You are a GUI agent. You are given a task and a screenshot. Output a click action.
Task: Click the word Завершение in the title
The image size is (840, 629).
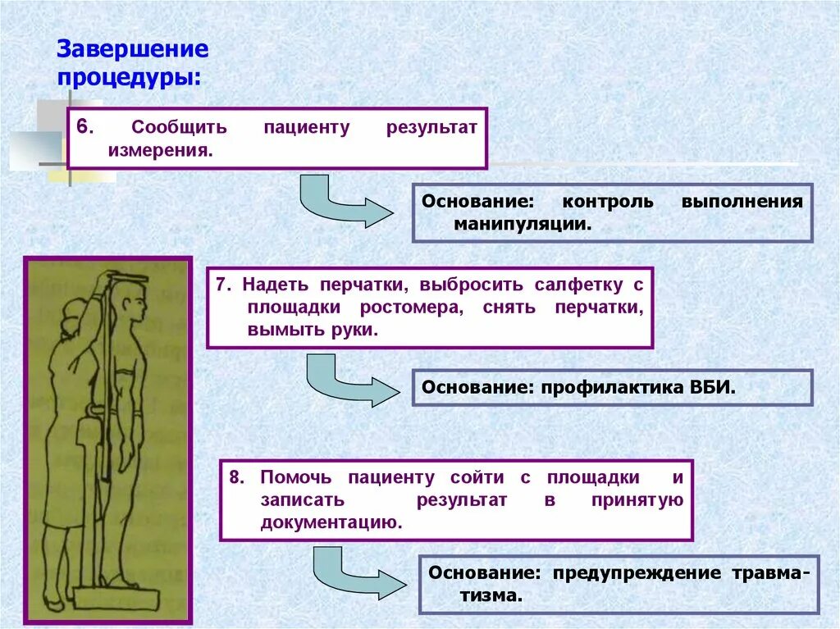click(x=132, y=48)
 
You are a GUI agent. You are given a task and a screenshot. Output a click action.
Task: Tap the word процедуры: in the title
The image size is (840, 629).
click(x=128, y=79)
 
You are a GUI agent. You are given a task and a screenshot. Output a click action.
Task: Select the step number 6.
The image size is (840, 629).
click(x=85, y=128)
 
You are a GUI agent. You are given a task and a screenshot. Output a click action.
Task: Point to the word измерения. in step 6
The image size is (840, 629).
click(x=160, y=151)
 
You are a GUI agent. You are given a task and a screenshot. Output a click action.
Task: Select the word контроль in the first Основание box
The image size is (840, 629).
click(x=608, y=201)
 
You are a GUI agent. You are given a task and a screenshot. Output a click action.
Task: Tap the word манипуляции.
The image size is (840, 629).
click(x=517, y=223)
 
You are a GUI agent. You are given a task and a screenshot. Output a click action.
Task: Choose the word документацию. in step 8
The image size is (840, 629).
click(x=331, y=522)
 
